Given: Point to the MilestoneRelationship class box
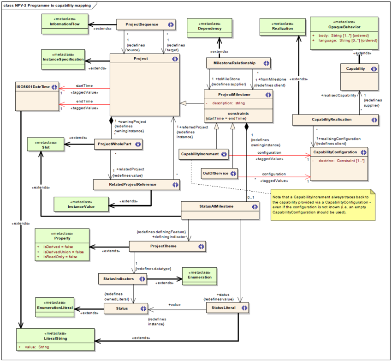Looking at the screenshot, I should click(238, 63).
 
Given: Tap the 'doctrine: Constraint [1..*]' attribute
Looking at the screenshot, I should click(340, 161).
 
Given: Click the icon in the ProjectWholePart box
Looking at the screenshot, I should click(137, 145).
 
